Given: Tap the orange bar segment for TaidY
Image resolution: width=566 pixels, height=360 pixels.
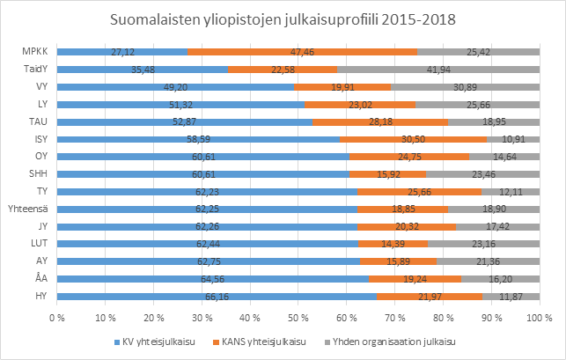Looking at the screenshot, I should [283, 69].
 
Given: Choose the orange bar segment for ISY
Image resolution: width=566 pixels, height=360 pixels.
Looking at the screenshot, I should [414, 138].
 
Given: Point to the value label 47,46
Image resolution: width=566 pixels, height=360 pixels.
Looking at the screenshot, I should [302, 52].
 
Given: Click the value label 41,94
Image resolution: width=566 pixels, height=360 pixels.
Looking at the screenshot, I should [437, 69].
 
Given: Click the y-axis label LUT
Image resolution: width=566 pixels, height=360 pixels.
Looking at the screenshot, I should [40, 243].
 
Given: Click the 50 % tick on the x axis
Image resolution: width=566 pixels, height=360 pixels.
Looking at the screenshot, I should [298, 315].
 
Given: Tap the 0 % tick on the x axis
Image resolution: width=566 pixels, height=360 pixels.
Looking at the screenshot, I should [58, 315].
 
